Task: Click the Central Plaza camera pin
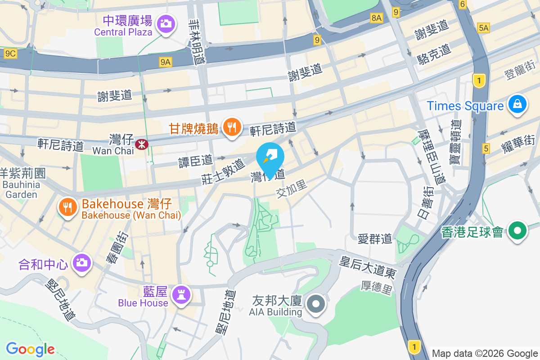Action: [166, 23]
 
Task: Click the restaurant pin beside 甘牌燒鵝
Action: [232, 127]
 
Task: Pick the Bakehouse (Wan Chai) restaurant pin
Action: [68, 207]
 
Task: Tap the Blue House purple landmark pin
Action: [182, 295]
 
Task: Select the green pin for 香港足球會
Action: [518, 231]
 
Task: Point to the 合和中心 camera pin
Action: [81, 263]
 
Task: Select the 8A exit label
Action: [376, 18]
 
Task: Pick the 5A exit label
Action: [484, 28]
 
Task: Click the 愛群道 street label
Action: [375, 238]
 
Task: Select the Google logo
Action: [30, 349]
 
